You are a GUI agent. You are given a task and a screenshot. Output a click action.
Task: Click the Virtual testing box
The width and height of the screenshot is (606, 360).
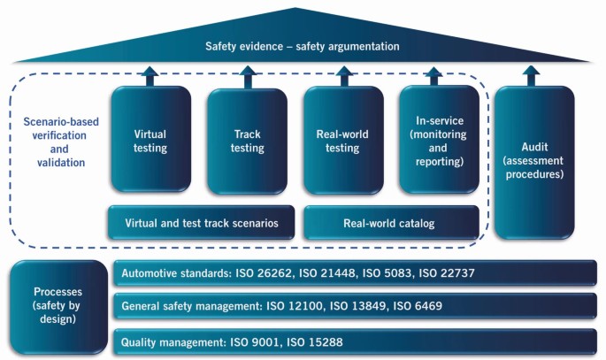click(x=150, y=140)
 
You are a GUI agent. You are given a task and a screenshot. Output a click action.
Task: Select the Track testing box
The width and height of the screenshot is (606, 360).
click(x=248, y=140)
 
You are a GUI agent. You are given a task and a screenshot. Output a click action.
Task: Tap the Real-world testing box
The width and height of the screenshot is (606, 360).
click(x=342, y=140)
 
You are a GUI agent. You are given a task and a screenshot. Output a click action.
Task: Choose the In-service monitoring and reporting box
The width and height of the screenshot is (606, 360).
click(x=440, y=140)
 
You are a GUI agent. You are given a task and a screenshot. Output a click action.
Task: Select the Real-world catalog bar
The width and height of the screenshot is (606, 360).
click(x=389, y=223)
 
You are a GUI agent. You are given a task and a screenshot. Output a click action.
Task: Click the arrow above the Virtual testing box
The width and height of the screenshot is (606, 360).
click(x=150, y=76)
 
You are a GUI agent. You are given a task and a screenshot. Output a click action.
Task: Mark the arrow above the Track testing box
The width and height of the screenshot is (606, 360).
click(x=248, y=76)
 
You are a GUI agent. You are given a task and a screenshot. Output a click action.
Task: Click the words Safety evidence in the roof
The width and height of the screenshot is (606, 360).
click(x=240, y=46)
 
